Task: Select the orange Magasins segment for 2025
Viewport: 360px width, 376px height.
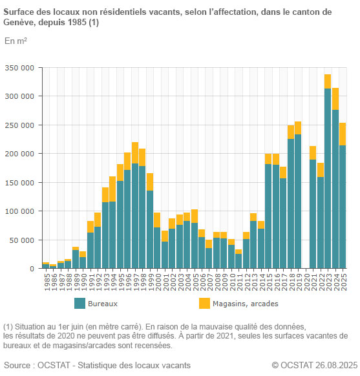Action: click(x=343, y=134)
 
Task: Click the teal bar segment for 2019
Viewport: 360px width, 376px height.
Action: click(x=298, y=201)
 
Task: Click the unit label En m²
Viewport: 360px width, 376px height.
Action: click(x=16, y=41)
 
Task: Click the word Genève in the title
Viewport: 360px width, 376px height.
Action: click(x=21, y=23)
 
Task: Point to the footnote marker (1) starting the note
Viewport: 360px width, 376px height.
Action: click(x=8, y=326)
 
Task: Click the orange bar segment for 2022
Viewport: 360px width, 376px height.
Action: click(x=321, y=170)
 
